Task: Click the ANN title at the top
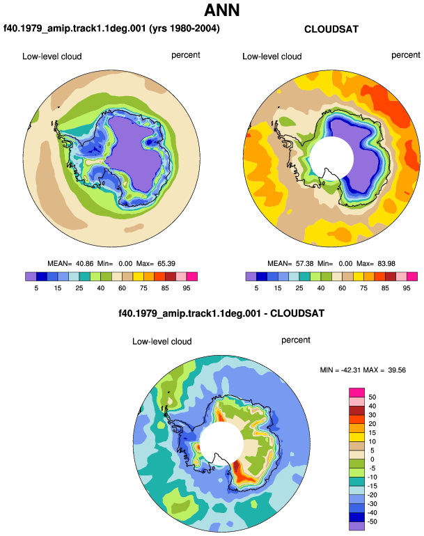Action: [222, 10]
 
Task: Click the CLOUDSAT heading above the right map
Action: [331, 29]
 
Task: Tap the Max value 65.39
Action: [166, 264]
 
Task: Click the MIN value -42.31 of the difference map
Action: [351, 370]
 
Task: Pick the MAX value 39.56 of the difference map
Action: [397, 370]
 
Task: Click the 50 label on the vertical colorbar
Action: [372, 397]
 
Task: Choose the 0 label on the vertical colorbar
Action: [372, 459]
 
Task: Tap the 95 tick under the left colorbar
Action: [187, 288]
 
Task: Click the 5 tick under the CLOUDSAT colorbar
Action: [256, 288]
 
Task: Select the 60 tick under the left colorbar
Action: [122, 288]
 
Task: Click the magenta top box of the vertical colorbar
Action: [356, 393]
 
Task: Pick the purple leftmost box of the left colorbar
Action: [31, 276]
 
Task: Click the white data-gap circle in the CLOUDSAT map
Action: [331, 158]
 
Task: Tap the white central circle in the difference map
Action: [221, 443]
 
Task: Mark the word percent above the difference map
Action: [296, 340]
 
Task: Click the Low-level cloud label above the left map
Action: [52, 56]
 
